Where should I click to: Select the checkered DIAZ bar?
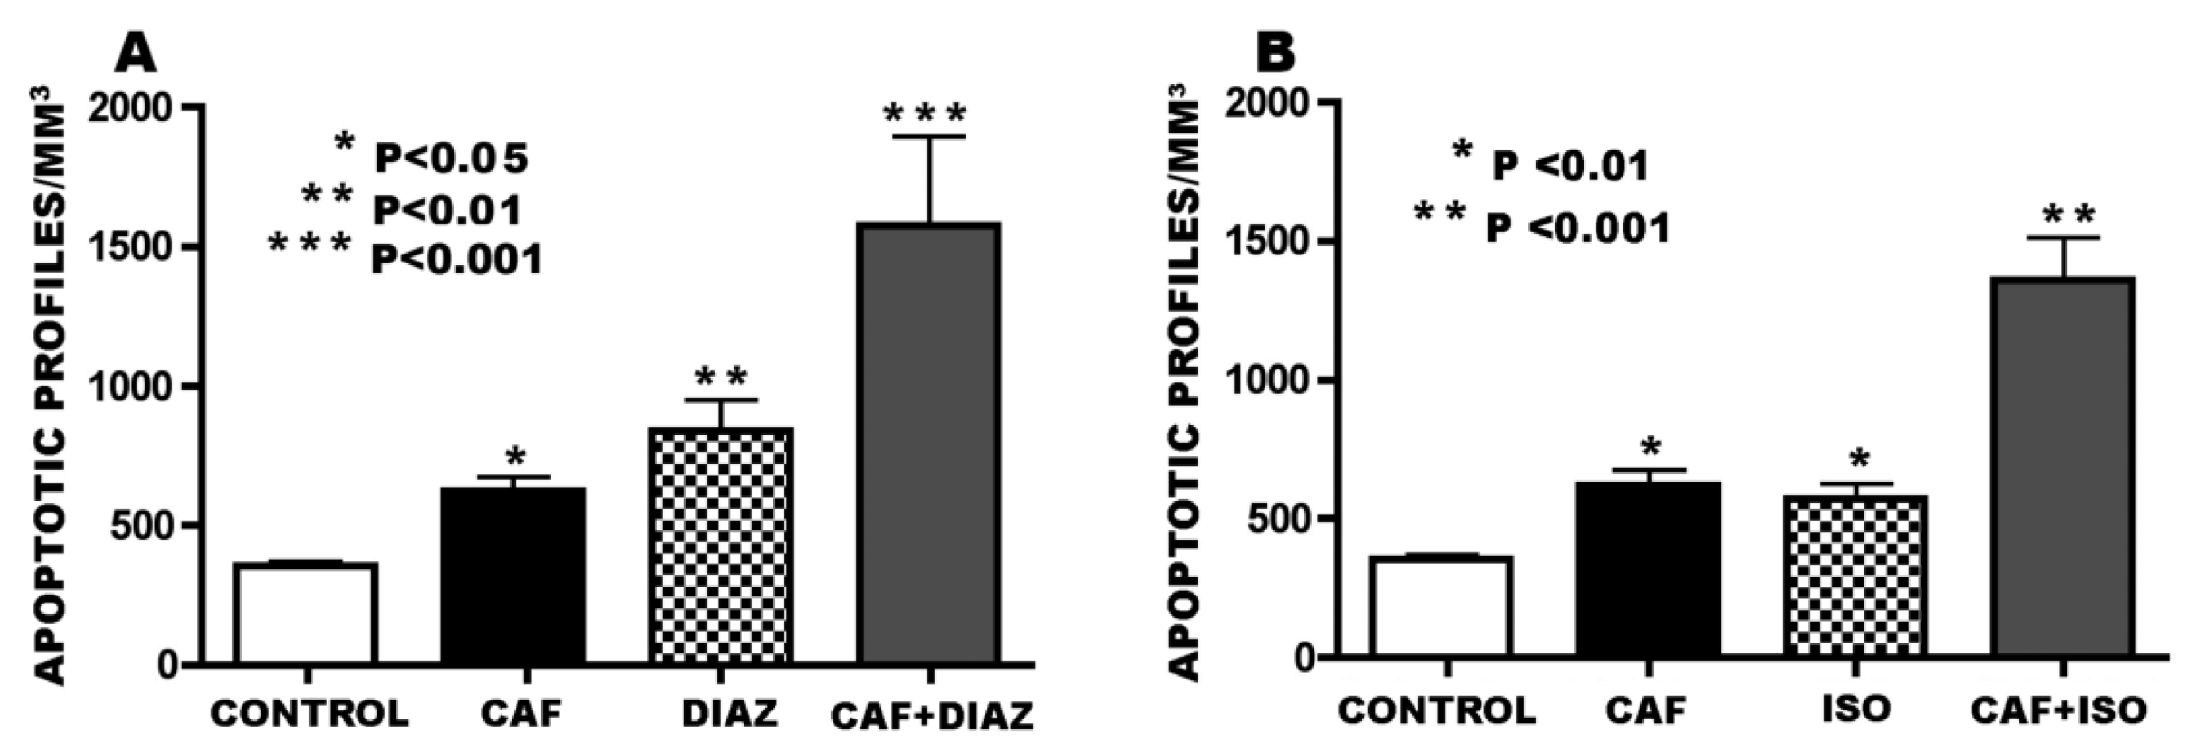(x=721, y=544)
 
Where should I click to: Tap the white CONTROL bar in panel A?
(x=306, y=612)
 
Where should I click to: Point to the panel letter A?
(x=136, y=53)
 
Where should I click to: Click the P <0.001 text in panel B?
(x=1578, y=228)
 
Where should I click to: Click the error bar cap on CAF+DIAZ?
(x=929, y=136)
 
